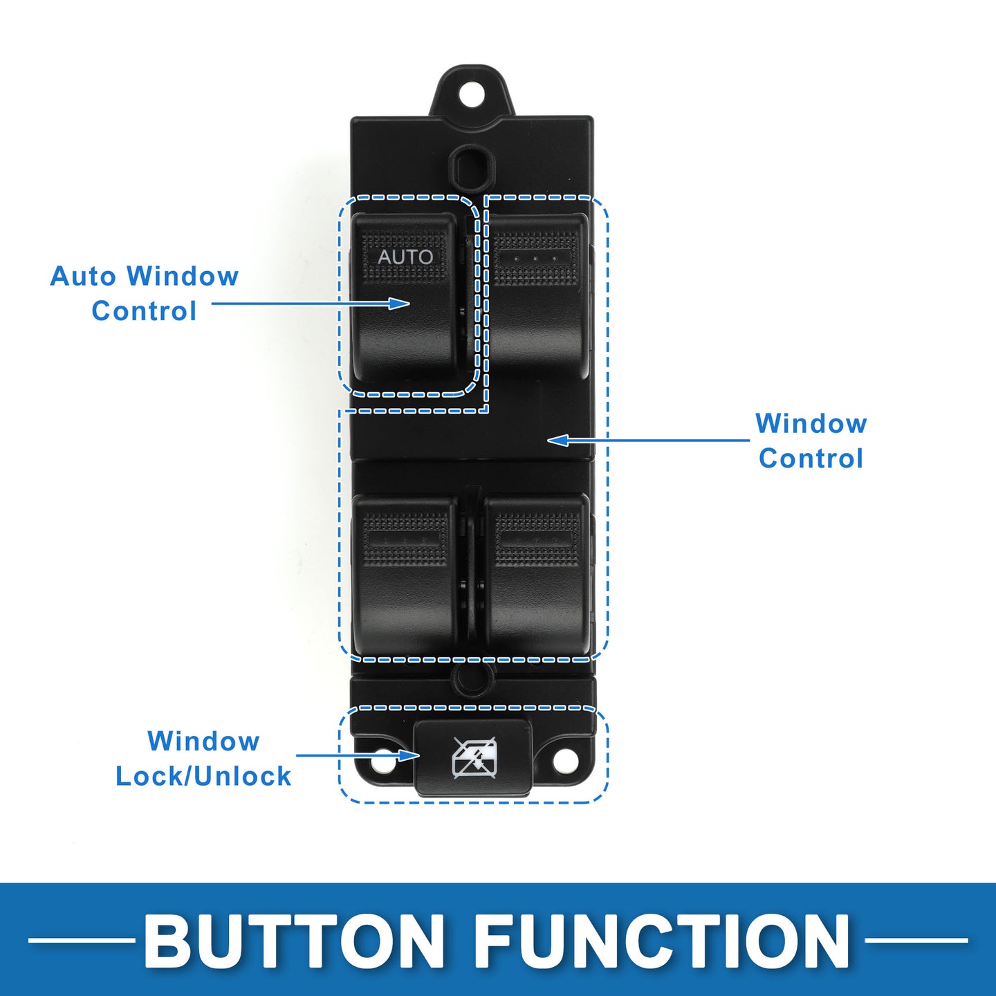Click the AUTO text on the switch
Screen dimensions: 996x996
pyautogui.click(x=405, y=257)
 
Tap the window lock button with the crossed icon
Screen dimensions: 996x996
pyautogui.click(x=473, y=758)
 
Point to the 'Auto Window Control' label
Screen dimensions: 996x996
pyautogui.click(x=144, y=293)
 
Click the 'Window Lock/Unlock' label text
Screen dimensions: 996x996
pyautogui.click(x=203, y=758)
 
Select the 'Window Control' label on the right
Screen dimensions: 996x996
pyautogui.click(x=811, y=441)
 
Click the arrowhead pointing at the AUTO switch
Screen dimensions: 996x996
pyautogui.click(x=399, y=303)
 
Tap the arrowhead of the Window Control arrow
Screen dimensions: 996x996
pyautogui.click(x=558, y=441)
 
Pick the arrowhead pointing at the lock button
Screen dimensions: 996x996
pyautogui.click(x=409, y=756)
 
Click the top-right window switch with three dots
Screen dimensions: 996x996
pyautogui.click(x=537, y=295)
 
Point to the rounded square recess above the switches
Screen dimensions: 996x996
pyautogui.click(x=472, y=167)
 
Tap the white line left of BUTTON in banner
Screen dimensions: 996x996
pyautogui.click(x=81, y=940)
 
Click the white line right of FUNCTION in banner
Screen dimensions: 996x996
pyautogui.click(x=916, y=940)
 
